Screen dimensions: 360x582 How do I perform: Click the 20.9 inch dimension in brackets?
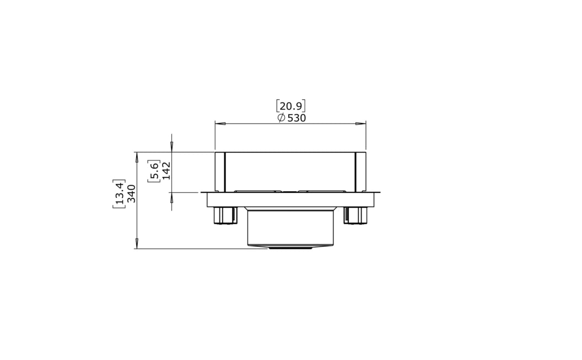[x=290, y=106]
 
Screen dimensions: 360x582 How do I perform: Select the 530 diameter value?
[x=297, y=118]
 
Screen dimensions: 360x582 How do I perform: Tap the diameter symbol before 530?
[x=281, y=118]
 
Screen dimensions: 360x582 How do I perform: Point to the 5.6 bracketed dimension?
[x=154, y=171]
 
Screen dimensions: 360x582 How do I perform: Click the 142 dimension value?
[x=166, y=171]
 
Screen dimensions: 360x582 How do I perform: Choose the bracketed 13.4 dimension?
[x=120, y=194]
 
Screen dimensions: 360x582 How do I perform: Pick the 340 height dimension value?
[x=132, y=194]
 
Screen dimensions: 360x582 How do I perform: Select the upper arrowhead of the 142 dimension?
[x=171, y=146]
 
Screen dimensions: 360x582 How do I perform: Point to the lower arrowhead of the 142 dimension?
[x=171, y=197]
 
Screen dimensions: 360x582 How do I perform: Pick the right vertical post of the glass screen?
[x=360, y=171]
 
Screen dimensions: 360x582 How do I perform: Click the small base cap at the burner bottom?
[x=290, y=248]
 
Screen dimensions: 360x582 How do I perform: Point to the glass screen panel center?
[x=290, y=171]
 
